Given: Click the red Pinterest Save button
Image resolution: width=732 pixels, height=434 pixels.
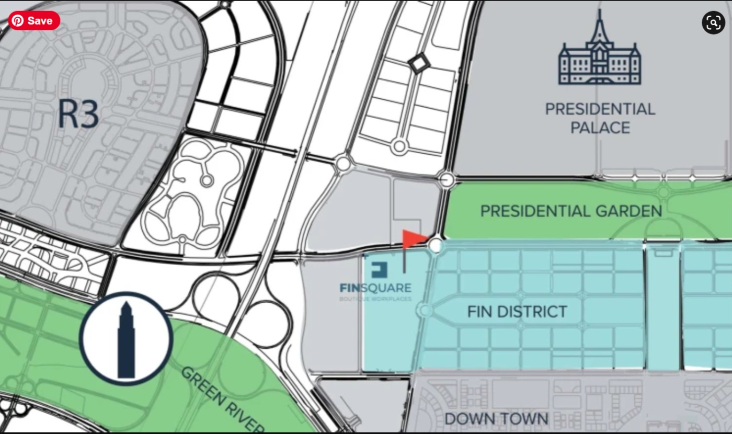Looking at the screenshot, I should [x=34, y=21].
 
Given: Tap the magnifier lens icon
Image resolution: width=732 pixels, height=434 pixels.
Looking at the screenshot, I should [x=713, y=22].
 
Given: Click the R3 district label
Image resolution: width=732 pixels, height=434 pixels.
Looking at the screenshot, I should [x=78, y=114].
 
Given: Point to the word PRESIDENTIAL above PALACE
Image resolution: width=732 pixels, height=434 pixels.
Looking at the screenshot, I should [x=600, y=109].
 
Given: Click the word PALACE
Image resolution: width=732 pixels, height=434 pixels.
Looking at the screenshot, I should [x=600, y=128].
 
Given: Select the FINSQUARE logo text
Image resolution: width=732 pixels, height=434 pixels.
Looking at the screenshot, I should [x=375, y=288].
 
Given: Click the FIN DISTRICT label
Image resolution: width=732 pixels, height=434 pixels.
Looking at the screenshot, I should [x=517, y=312].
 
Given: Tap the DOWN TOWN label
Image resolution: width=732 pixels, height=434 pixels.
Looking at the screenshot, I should [x=496, y=418].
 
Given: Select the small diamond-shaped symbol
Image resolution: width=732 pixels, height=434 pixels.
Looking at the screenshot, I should [x=419, y=64].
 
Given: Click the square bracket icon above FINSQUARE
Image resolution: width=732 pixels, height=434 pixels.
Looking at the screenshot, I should [x=379, y=270].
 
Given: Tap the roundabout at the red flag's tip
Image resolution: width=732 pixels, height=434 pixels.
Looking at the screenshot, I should [x=436, y=245].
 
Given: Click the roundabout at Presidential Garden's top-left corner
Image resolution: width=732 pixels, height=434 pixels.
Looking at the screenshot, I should [x=447, y=180].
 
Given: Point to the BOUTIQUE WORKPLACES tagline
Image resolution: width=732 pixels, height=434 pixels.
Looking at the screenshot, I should [x=375, y=300].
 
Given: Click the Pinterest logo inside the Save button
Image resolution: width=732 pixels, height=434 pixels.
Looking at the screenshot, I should [x=18, y=21].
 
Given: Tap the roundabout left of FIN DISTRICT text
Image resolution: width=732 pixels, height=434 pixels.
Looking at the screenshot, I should [x=425, y=311].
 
